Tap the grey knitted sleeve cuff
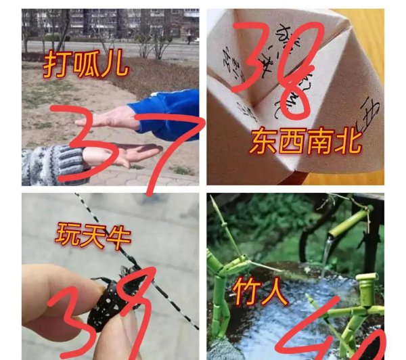click(51, 164)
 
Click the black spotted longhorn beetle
click(112, 301)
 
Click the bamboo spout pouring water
click(348, 223)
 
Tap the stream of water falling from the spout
click(327, 261)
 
